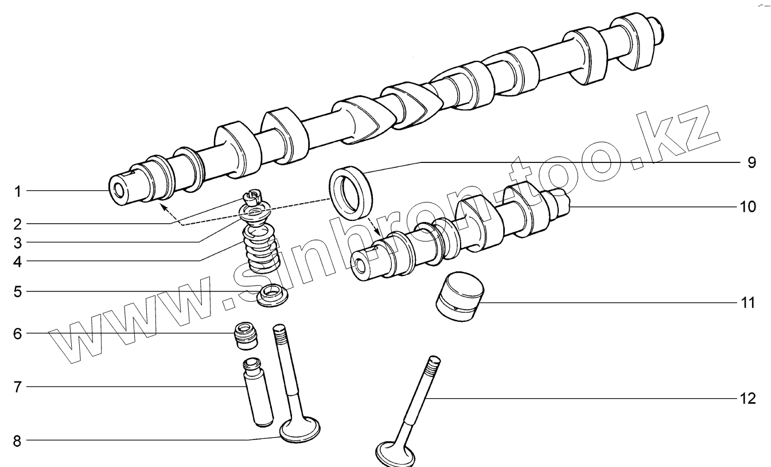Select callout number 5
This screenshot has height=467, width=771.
coord(18,291)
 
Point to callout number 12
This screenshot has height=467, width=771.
coord(748,398)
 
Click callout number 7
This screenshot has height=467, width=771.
coord(18,387)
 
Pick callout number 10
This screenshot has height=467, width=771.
coord(748,205)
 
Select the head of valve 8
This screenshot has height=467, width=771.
coord(299,430)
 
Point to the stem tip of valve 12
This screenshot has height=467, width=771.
coord(434,361)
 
